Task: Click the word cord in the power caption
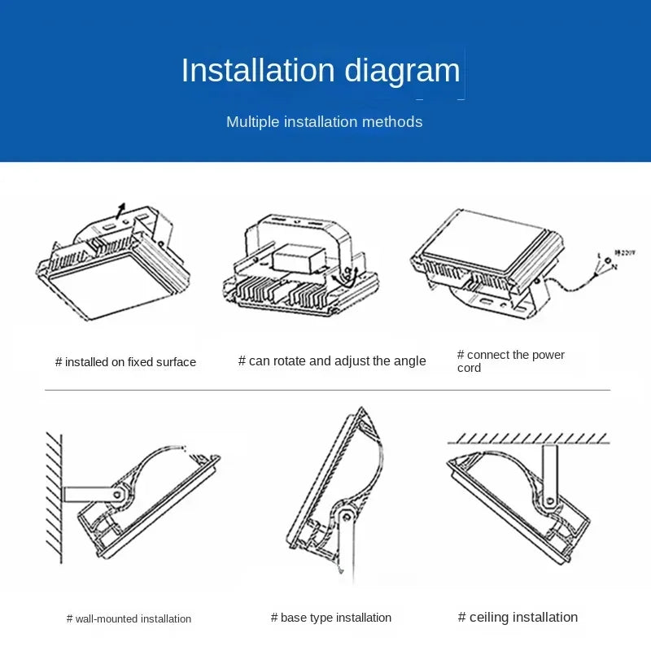pos(469,368)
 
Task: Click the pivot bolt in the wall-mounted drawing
pos(119,493)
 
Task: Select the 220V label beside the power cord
pos(626,253)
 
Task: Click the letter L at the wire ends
pos(600,256)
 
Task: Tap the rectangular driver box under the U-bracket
pos(295,260)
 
